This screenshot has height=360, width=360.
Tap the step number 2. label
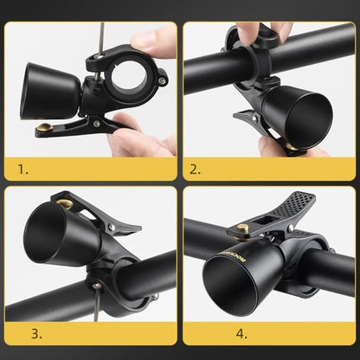point(196,170)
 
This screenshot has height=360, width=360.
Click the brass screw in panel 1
point(42,130)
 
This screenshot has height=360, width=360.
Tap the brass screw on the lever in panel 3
point(65,205)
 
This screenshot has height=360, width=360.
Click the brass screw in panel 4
point(236,229)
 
